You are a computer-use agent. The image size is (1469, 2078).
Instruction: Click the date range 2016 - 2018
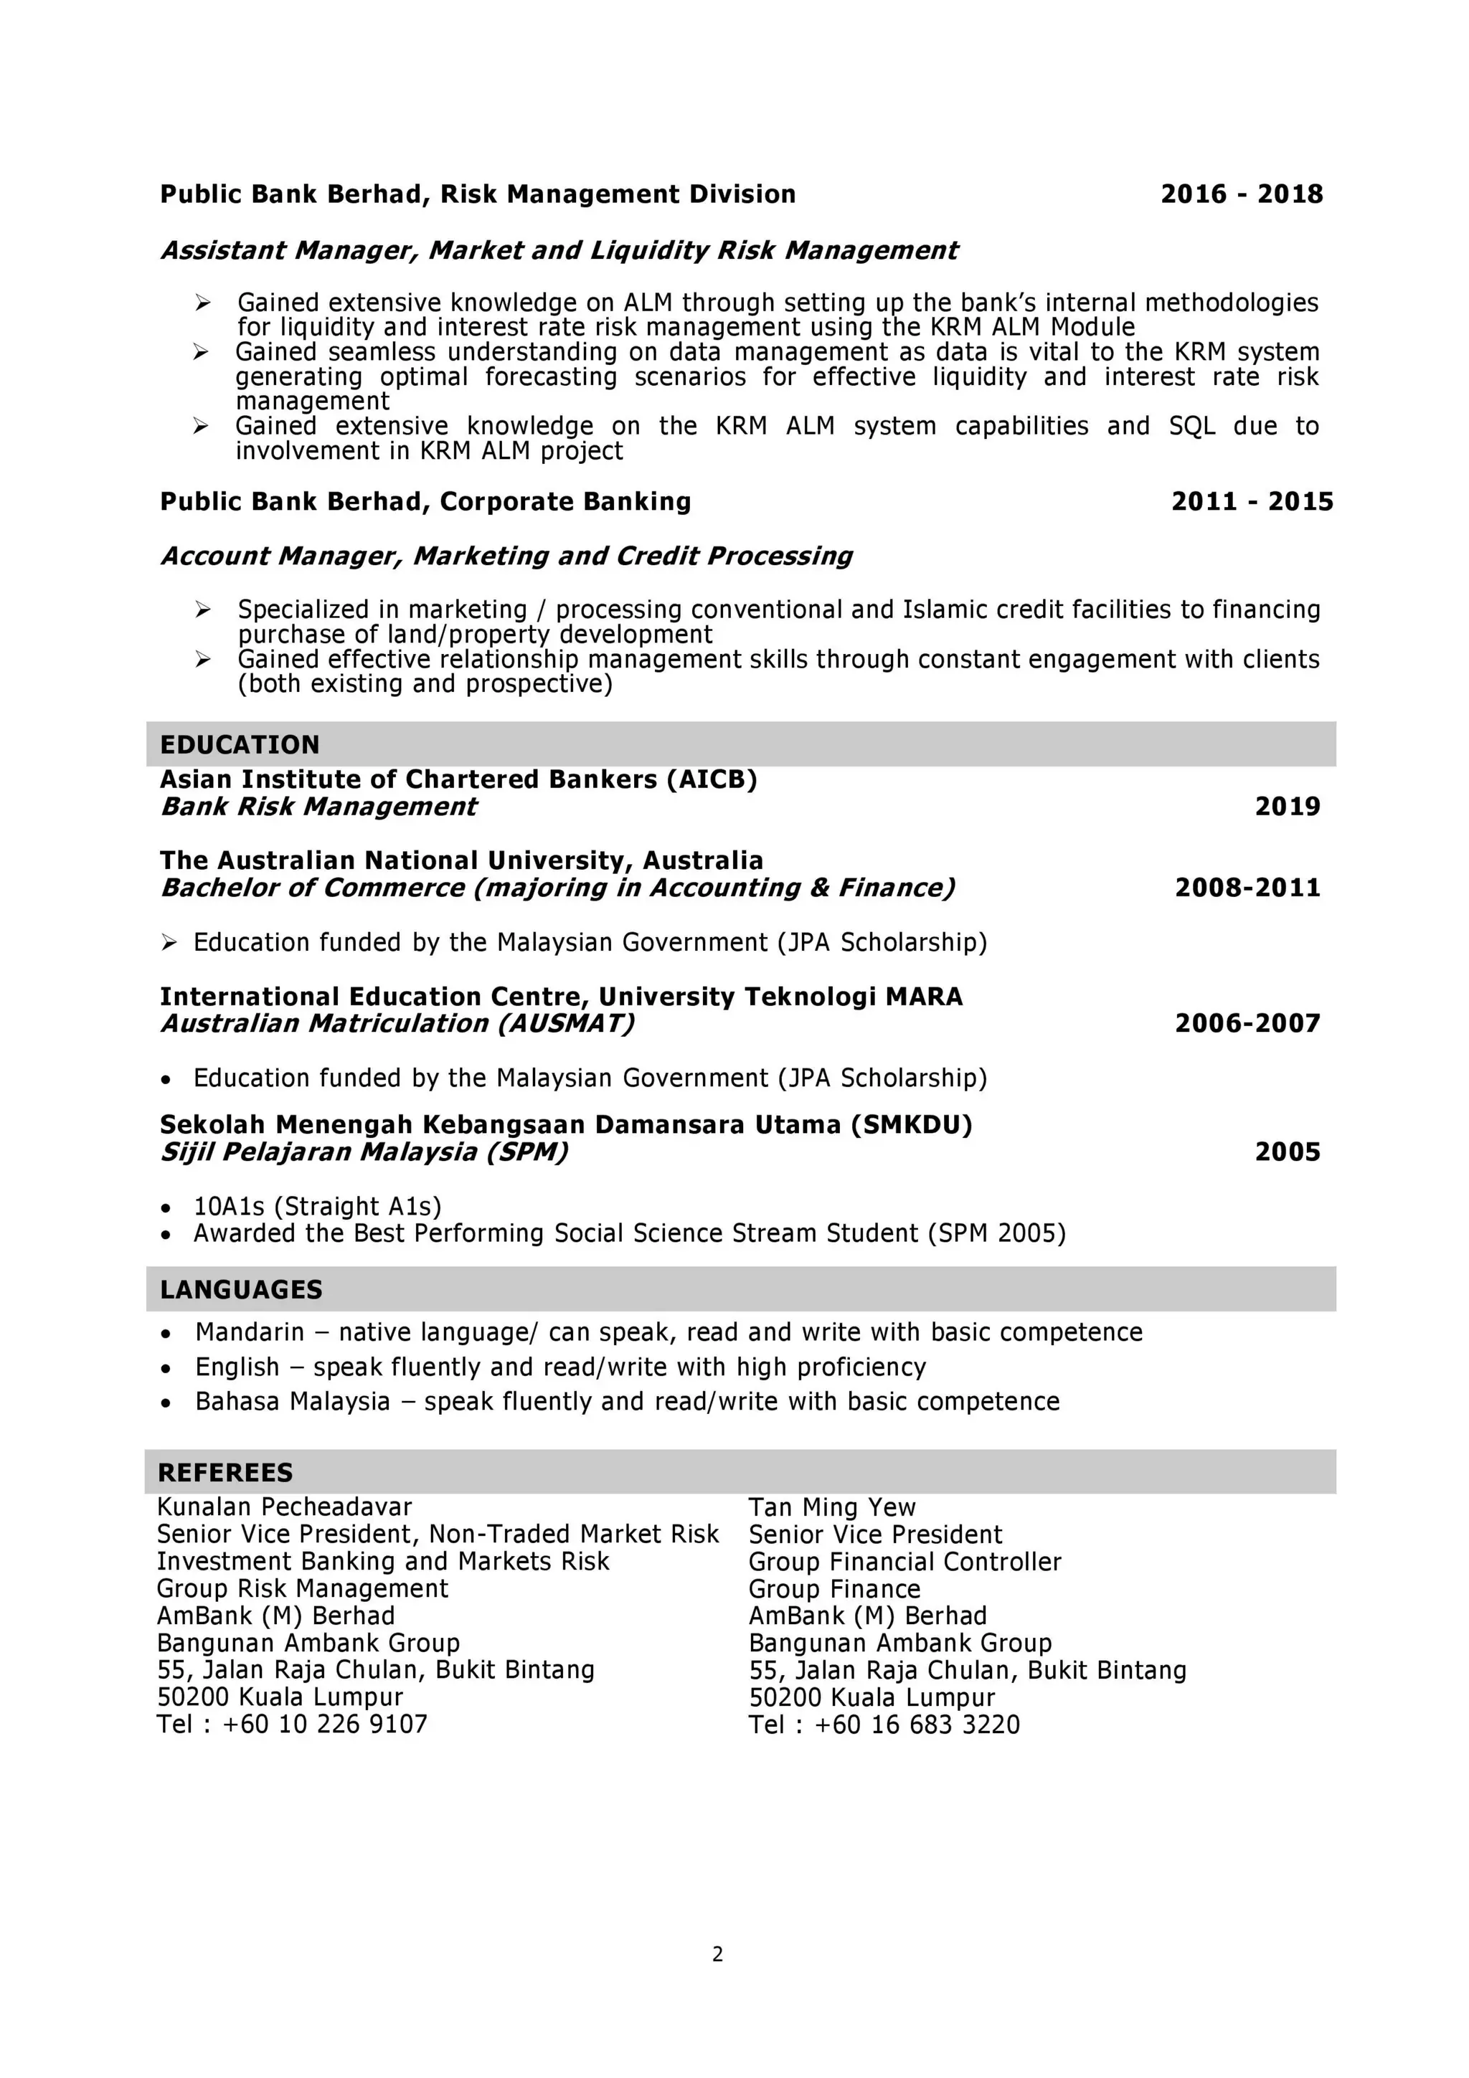click(x=1241, y=194)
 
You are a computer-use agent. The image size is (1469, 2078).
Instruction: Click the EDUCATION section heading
click(x=240, y=745)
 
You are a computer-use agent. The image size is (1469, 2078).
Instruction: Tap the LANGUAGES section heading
click(x=241, y=1290)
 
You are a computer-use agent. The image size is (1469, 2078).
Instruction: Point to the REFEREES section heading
click(x=225, y=1473)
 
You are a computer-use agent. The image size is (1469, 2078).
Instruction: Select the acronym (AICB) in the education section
click(x=712, y=779)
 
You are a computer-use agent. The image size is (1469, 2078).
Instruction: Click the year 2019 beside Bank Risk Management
click(x=1287, y=807)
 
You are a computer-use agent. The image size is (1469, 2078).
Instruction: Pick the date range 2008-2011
click(x=1247, y=888)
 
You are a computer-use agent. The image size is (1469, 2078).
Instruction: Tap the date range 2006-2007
click(x=1247, y=1024)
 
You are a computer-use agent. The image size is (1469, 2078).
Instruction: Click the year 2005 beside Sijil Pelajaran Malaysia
click(x=1287, y=1152)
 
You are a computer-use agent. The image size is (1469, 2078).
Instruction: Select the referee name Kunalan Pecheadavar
click(x=284, y=1507)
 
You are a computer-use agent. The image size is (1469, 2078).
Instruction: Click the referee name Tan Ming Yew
click(x=832, y=1507)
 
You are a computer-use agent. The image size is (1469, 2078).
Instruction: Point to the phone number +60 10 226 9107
click(x=325, y=1724)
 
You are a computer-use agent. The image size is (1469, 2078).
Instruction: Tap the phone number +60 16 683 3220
click(x=917, y=1724)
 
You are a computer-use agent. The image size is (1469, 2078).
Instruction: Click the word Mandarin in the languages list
click(x=250, y=1332)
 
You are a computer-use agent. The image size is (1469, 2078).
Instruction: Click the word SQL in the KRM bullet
click(x=1191, y=425)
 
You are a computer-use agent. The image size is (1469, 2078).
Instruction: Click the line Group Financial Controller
click(x=904, y=1561)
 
